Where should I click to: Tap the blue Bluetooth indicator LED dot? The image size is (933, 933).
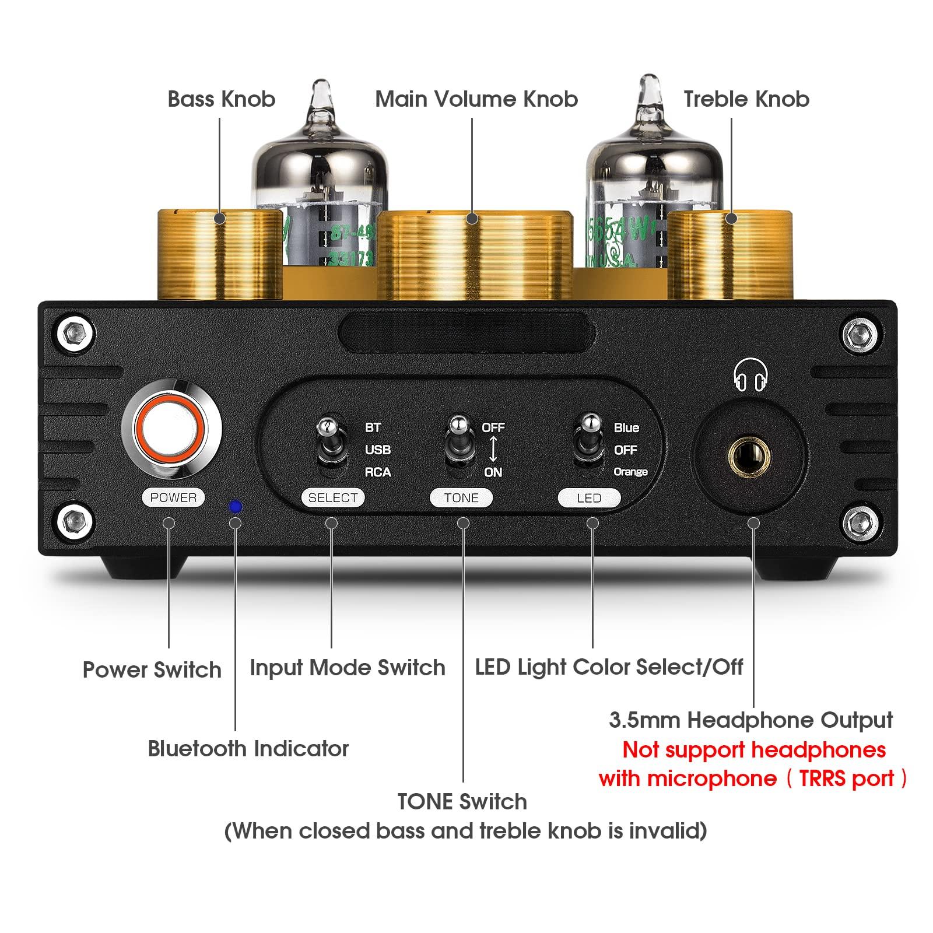[236, 507]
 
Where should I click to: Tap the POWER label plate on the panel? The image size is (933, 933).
[173, 497]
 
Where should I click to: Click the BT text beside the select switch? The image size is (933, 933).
[373, 427]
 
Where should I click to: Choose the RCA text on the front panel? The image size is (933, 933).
[377, 472]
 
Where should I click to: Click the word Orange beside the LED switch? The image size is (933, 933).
[630, 472]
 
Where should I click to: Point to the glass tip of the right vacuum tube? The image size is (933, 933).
[649, 93]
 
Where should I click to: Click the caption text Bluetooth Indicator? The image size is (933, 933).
[248, 749]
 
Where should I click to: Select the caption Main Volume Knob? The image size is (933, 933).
[476, 99]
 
